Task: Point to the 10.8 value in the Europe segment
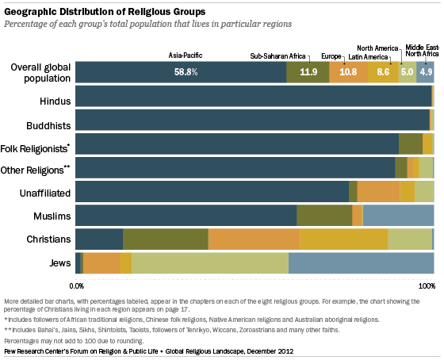click(x=348, y=72)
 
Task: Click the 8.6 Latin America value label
click(x=383, y=72)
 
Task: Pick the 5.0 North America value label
click(x=407, y=72)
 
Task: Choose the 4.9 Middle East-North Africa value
click(x=426, y=72)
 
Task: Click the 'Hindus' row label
click(x=55, y=101)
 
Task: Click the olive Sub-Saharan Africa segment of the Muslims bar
click(x=324, y=216)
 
